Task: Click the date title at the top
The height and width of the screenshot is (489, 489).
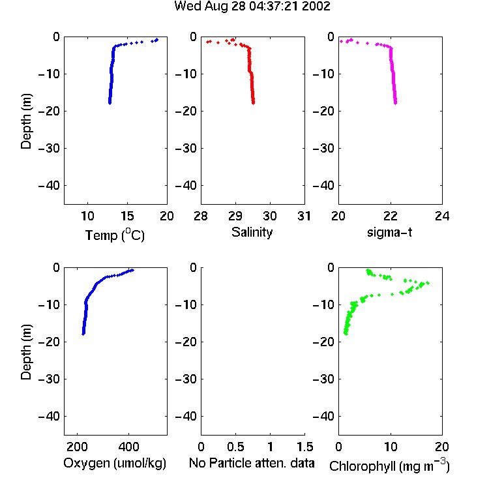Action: (x=252, y=7)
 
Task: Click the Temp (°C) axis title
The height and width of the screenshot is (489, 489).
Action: (x=115, y=235)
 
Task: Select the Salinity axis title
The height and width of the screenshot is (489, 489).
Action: (x=252, y=232)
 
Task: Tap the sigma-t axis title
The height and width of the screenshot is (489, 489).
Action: (x=389, y=232)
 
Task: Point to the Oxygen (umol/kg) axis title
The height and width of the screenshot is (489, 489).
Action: (x=115, y=463)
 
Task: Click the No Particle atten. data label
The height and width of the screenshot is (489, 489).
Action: (x=252, y=463)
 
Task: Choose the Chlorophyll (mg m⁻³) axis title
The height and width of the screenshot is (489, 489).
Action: (x=389, y=466)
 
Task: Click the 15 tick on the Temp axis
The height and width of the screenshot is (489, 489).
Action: (x=127, y=216)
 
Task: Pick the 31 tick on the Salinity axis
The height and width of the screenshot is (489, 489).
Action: (x=304, y=216)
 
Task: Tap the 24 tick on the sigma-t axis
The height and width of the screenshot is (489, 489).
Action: (x=442, y=216)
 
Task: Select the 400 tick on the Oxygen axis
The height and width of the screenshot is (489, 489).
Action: (x=128, y=447)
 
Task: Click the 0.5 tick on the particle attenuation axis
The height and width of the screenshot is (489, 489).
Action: (x=235, y=447)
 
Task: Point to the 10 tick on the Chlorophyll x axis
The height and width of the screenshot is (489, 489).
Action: (x=391, y=447)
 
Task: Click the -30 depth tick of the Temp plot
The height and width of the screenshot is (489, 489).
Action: (x=49, y=148)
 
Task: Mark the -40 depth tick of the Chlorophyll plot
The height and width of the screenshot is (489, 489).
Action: (x=323, y=416)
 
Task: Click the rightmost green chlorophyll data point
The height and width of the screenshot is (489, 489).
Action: (x=428, y=283)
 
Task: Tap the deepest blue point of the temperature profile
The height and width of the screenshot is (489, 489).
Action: (x=110, y=102)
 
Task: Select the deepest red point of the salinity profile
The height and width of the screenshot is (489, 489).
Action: (x=253, y=102)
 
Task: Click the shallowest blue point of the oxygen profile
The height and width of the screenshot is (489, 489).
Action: (x=132, y=270)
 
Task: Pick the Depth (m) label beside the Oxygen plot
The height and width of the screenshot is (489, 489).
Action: (x=26, y=351)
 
